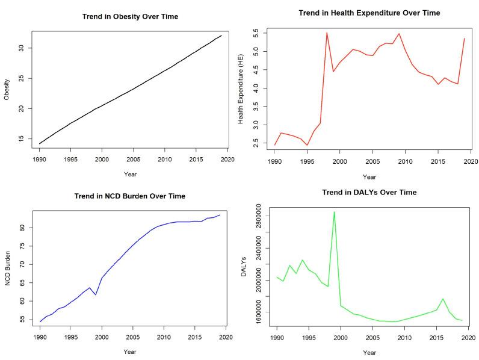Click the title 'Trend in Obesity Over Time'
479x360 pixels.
click(x=130, y=16)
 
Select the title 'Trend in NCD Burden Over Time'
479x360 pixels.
click(x=130, y=196)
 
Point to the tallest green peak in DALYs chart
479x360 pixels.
click(x=334, y=212)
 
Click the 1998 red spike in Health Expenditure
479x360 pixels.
click(x=327, y=33)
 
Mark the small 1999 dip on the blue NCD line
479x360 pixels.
click(x=96, y=294)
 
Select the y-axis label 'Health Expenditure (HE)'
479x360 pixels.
click(x=241, y=88)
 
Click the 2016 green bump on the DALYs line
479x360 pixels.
click(x=443, y=299)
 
